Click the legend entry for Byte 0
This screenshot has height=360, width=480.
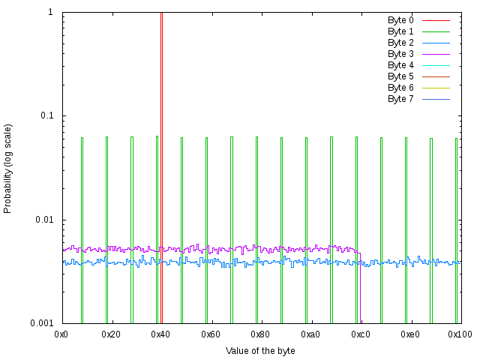coord(400,20)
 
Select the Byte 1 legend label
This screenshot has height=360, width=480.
coord(400,31)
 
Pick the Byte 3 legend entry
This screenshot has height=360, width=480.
coord(400,54)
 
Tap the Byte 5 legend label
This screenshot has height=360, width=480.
coord(400,76)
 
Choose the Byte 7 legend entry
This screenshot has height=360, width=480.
coord(400,99)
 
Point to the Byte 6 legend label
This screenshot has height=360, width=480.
coord(400,88)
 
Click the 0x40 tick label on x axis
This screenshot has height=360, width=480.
coord(161,334)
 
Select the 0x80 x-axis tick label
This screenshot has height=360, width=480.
coord(261,334)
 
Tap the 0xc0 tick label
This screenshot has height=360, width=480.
coord(361,334)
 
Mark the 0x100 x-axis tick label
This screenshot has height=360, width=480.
coord(460,334)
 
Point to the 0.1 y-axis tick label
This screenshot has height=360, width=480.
coord(49,116)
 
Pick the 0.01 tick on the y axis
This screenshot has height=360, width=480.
coord(46,220)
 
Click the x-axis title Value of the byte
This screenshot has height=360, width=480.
coord(260,351)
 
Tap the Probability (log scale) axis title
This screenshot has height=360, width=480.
coord(8,168)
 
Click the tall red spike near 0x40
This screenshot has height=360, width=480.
coord(161,150)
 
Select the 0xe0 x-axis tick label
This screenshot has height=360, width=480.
coord(410,334)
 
